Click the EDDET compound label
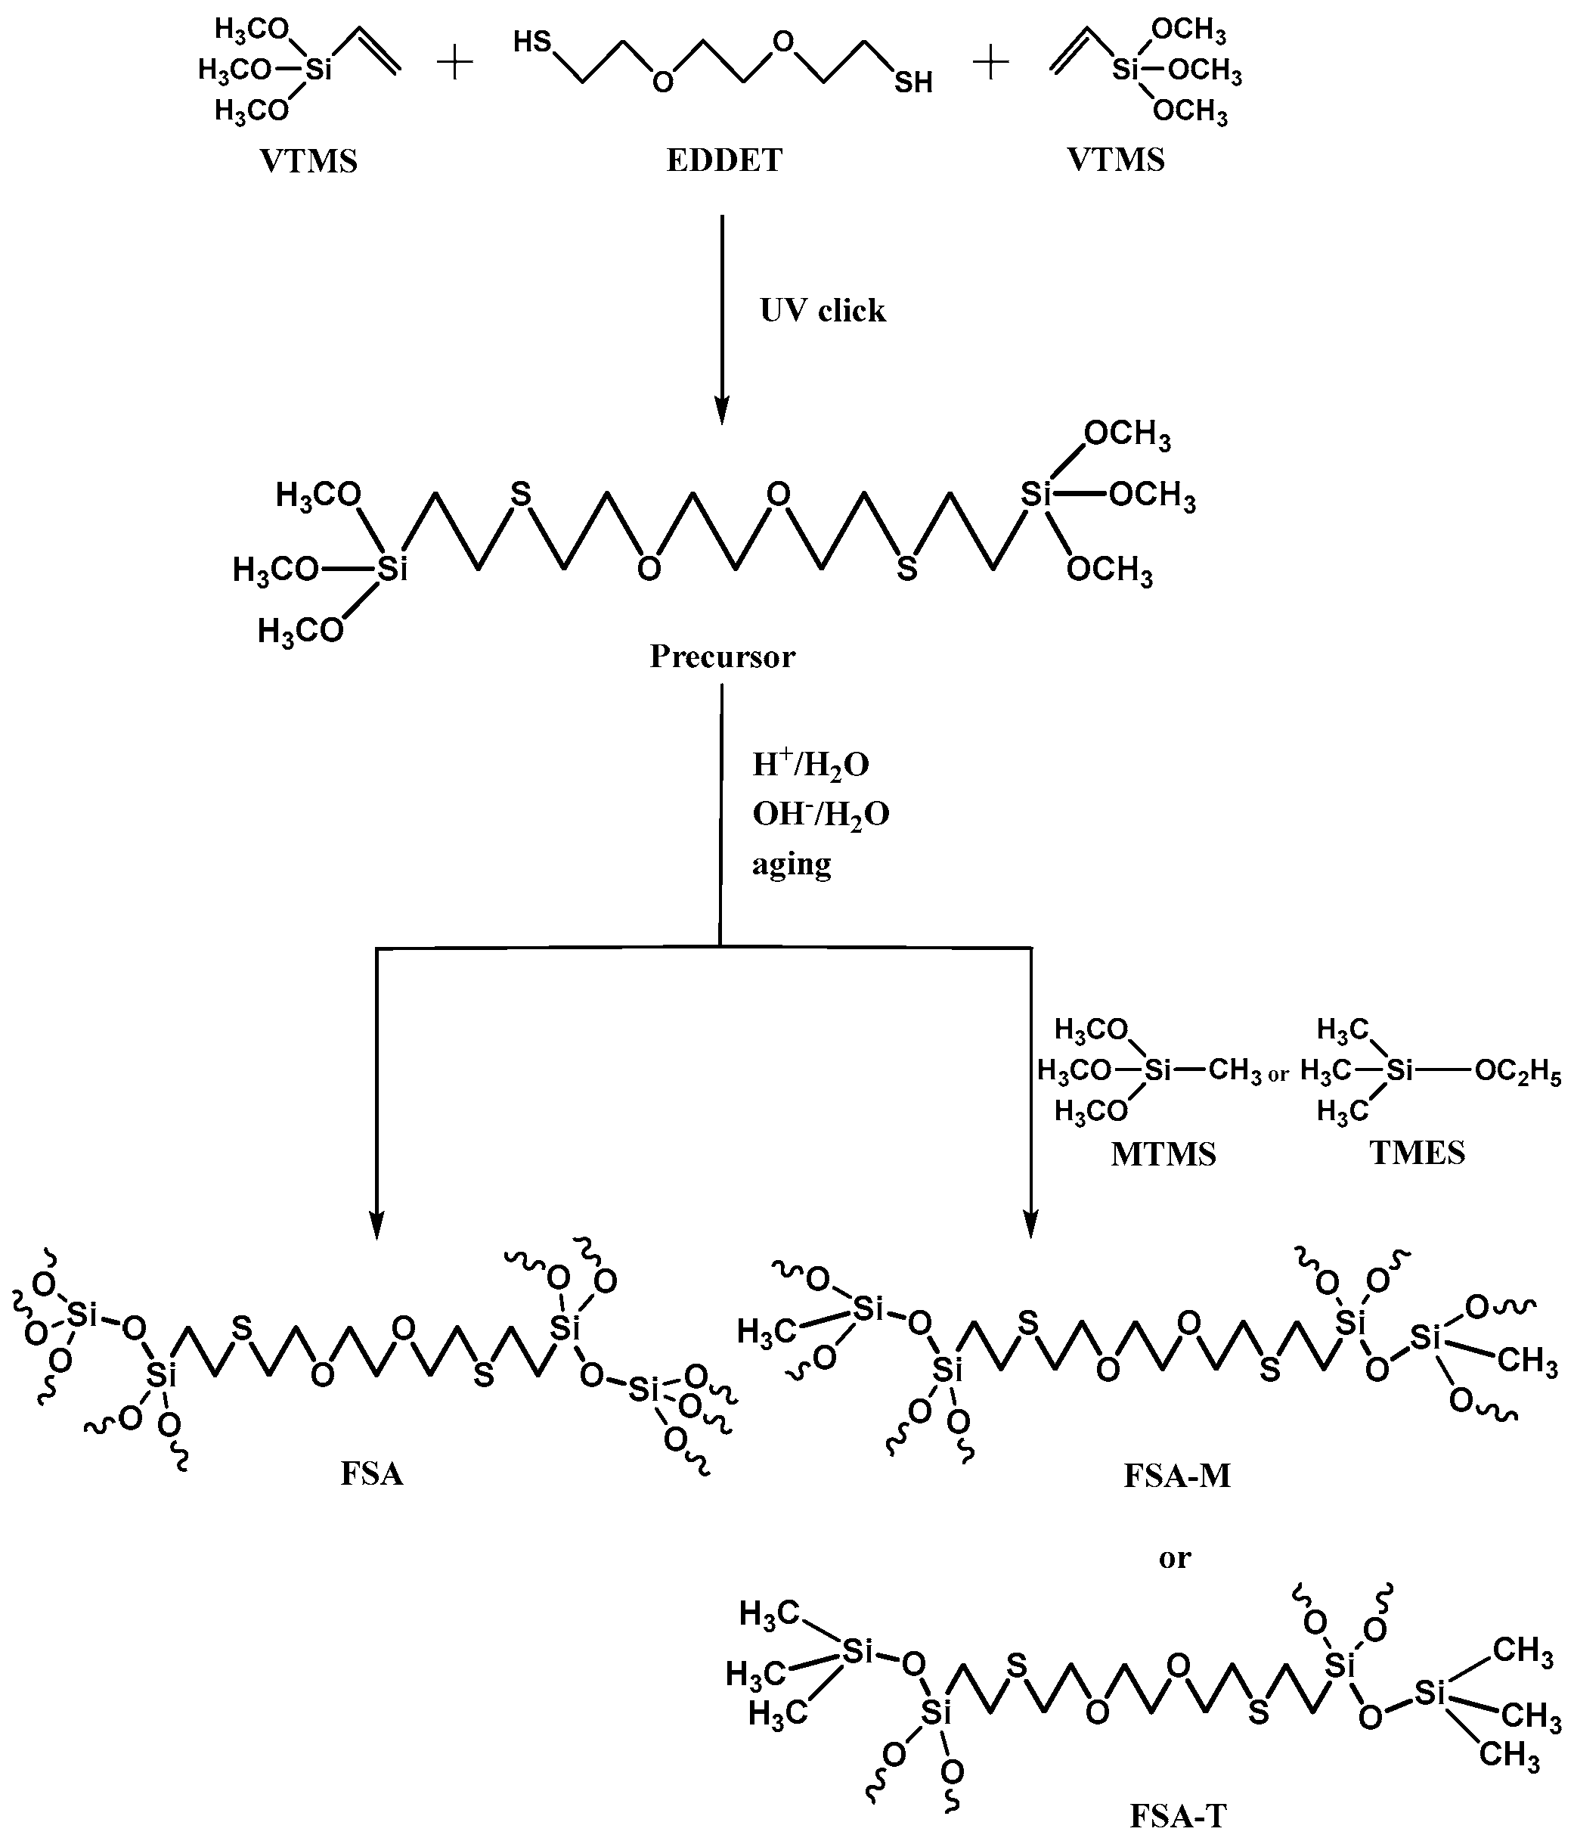723,160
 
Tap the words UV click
822,311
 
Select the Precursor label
721,657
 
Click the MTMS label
1163,1154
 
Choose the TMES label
1417,1153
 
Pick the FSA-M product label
1176,1476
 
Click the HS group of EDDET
532,42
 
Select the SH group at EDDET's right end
913,82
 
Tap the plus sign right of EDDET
990,64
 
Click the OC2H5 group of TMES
1517,1073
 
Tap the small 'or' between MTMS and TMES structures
1278,1075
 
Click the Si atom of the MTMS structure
1157,1070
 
